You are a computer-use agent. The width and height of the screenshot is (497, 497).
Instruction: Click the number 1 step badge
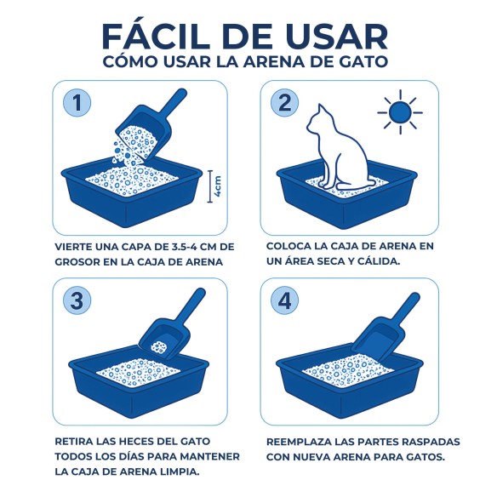[77, 104]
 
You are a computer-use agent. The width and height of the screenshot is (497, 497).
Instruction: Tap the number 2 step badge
[286, 104]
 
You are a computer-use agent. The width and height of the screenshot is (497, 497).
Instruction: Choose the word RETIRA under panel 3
[76, 443]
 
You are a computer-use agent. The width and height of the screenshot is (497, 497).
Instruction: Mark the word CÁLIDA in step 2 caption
[400, 261]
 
